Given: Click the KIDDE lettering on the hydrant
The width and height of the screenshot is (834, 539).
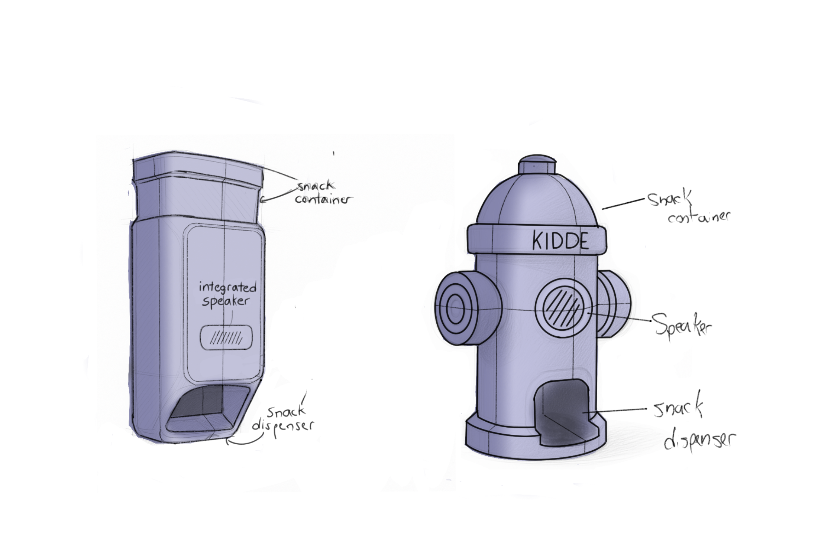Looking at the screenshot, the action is point(560,240).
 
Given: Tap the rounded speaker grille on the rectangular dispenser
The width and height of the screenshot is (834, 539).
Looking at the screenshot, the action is point(226,338).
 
